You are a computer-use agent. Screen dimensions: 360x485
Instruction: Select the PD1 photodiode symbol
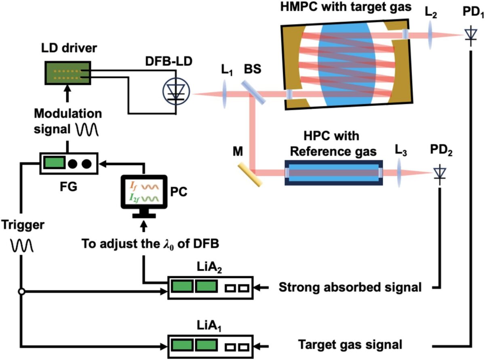pyautogui.click(x=470, y=35)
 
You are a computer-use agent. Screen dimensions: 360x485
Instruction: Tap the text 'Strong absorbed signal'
pyautogui.click(x=350, y=288)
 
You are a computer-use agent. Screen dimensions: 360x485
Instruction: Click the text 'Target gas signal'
pyautogui.click(x=350, y=345)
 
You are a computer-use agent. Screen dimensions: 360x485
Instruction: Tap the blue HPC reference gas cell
pyautogui.click(x=333, y=173)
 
